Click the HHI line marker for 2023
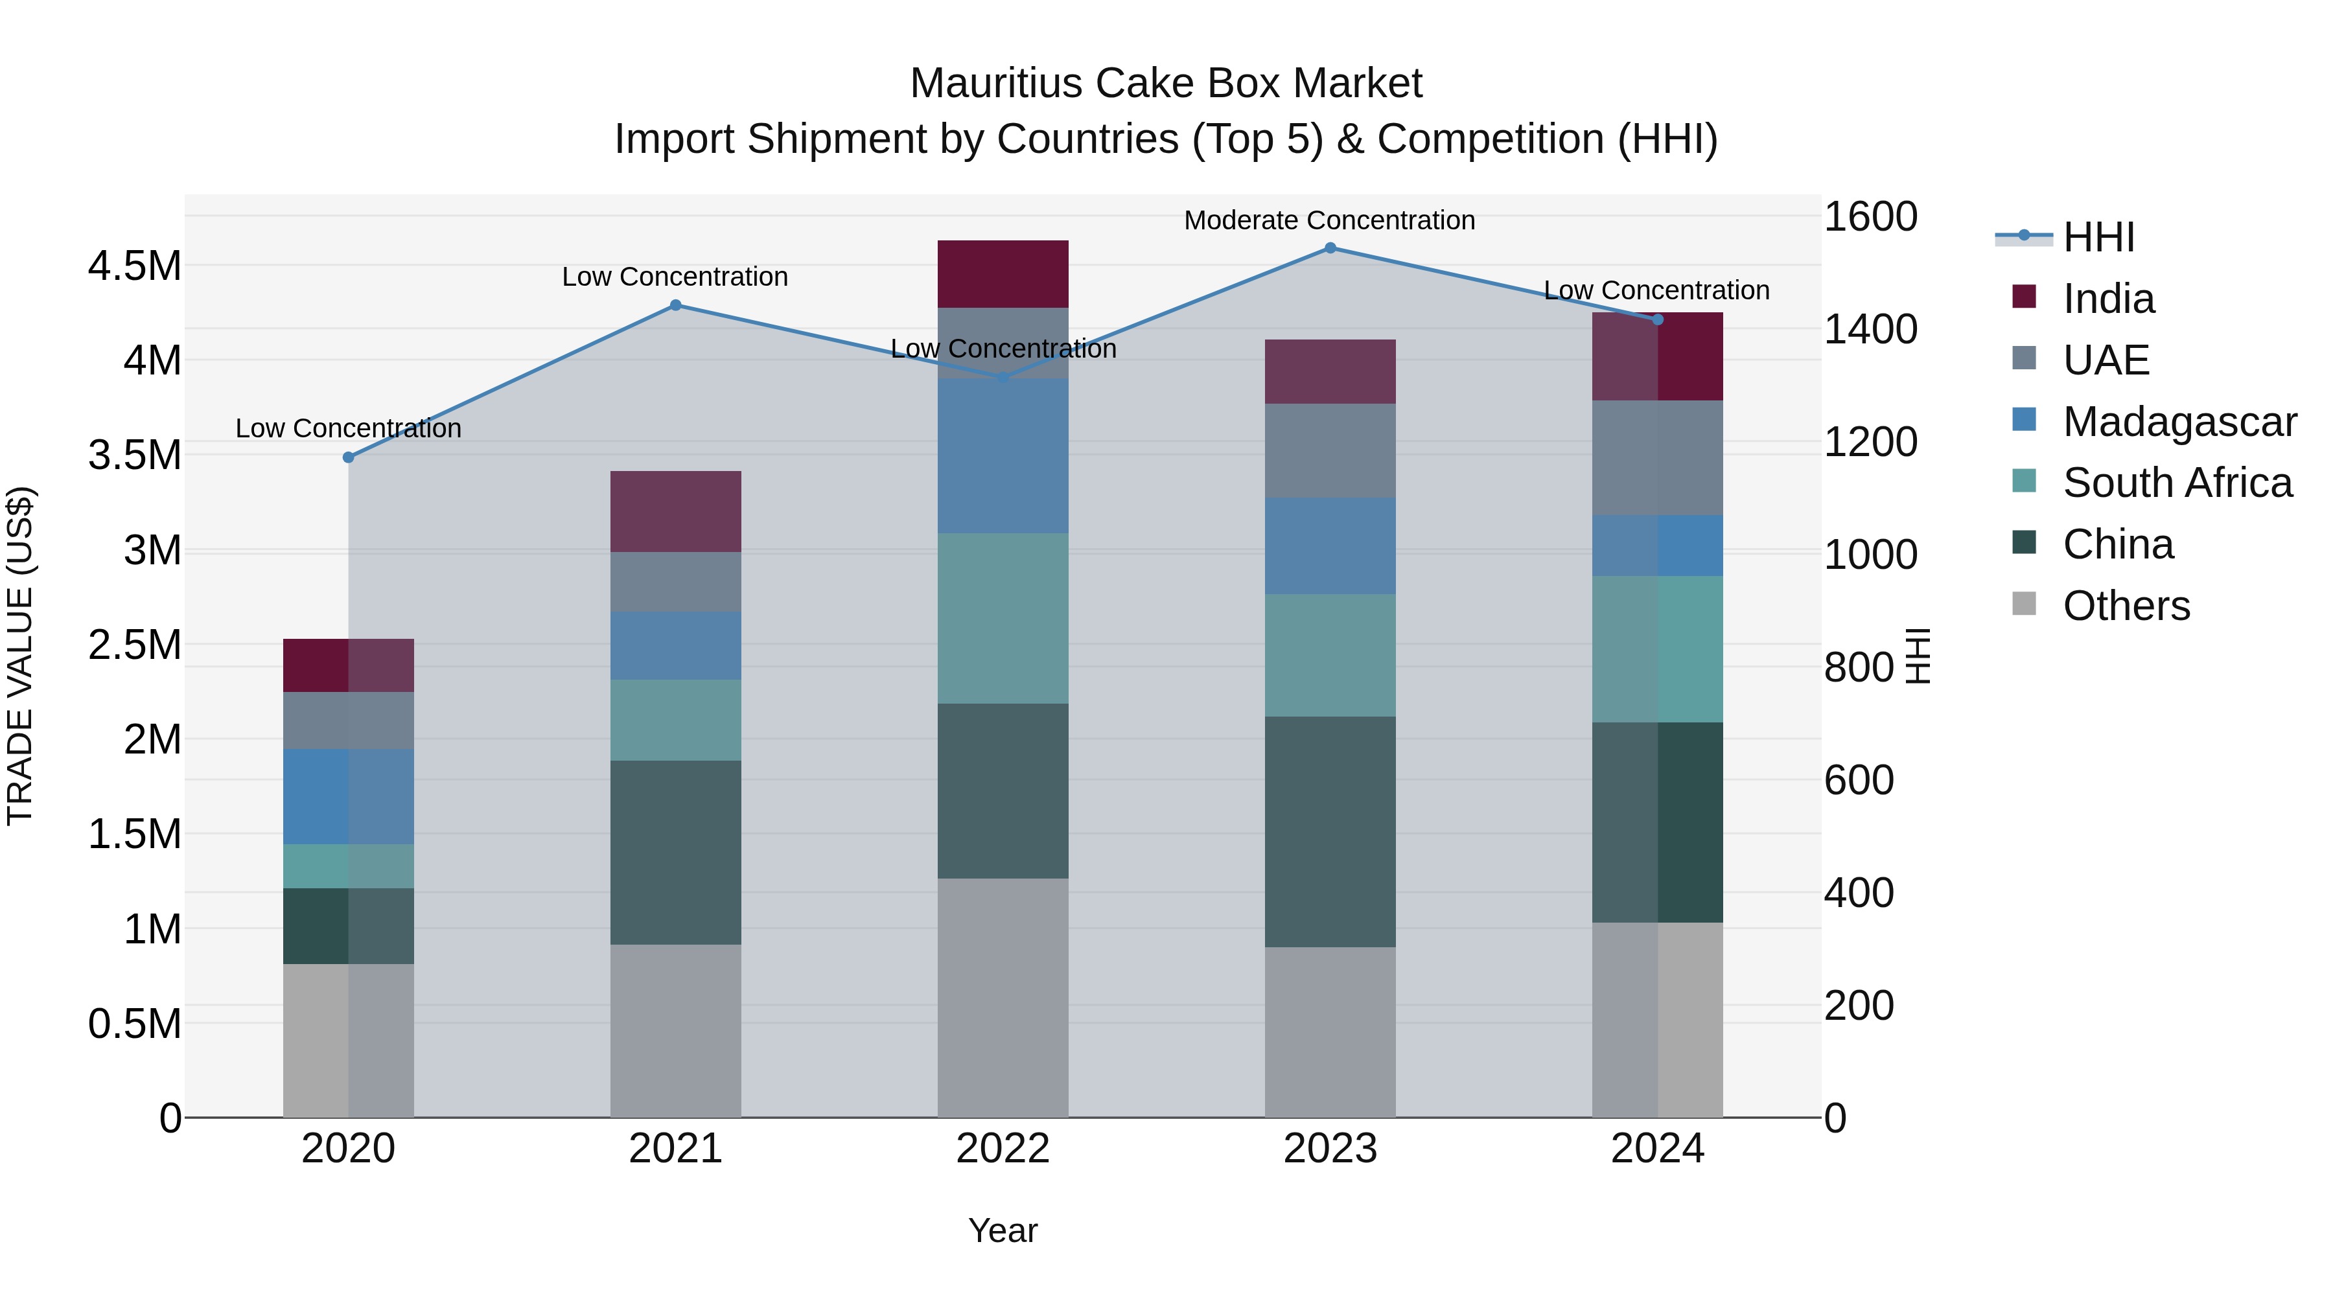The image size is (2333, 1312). (1330, 248)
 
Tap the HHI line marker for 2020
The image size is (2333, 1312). (349, 457)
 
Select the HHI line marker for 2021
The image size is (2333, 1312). (676, 305)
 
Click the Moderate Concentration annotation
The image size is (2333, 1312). (1330, 220)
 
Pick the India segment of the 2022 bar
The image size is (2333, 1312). (1003, 273)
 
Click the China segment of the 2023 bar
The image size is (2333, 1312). (1330, 831)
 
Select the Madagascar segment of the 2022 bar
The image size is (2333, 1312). (1003, 455)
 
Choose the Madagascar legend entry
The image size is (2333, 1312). (2179, 422)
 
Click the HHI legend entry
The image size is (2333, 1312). (2098, 237)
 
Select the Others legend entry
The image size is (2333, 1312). (2126, 606)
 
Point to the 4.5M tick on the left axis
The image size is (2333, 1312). (134, 266)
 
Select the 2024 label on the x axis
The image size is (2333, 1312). (1657, 1149)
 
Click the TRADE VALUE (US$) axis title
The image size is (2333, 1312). (21, 656)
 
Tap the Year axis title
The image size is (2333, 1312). (1003, 1230)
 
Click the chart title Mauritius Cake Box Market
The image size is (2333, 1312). (1166, 84)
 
